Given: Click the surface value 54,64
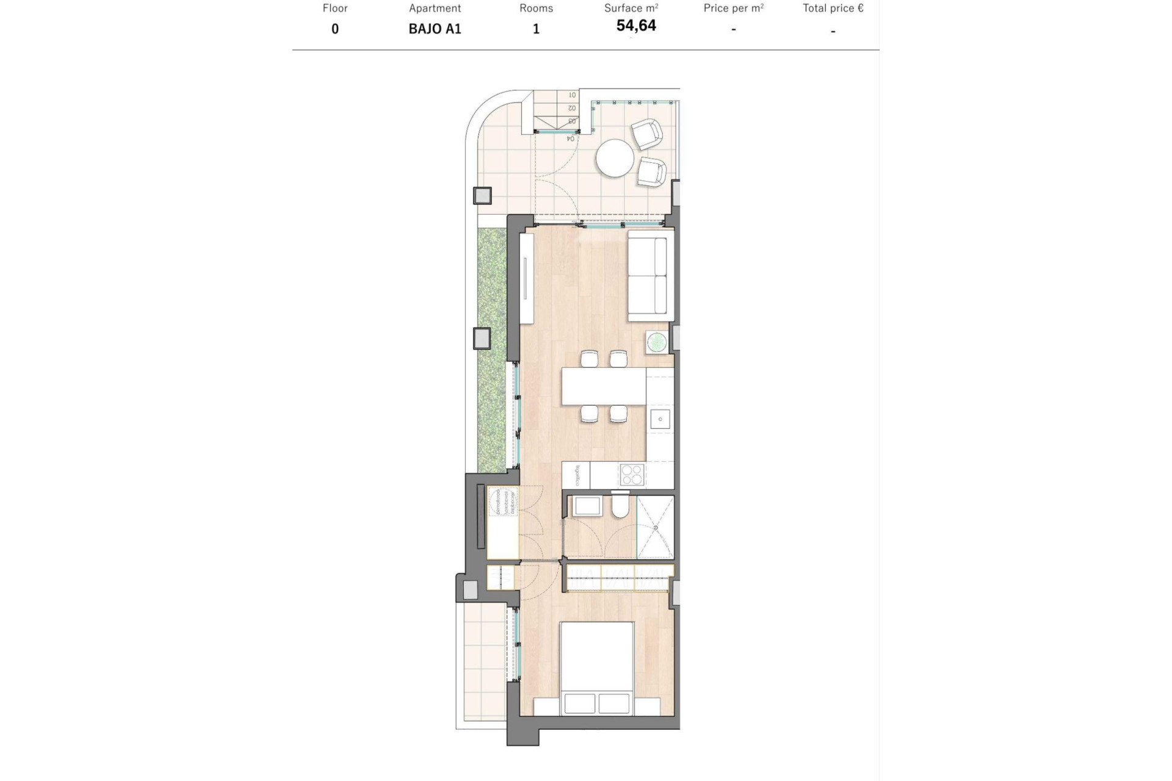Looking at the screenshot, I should (x=636, y=26).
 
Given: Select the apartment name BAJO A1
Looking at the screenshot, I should (x=435, y=29).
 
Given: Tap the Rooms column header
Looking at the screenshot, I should (x=536, y=9).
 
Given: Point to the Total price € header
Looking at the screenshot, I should (x=833, y=9).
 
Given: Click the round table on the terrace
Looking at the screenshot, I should (x=615, y=158).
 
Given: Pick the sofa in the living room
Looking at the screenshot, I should (x=651, y=276).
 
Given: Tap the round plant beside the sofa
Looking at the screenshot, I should (x=657, y=342).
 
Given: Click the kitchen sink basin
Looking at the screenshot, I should (x=660, y=419).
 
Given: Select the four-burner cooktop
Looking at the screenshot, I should (x=632, y=475).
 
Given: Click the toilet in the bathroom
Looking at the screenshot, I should (x=620, y=507).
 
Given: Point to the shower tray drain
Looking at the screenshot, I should (x=656, y=527).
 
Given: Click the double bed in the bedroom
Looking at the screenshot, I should (x=597, y=668).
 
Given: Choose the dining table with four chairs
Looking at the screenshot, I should (x=604, y=386).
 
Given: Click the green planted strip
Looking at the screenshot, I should (x=492, y=348).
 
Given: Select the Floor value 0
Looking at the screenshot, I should (x=335, y=29).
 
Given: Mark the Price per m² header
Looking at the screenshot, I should (x=733, y=9).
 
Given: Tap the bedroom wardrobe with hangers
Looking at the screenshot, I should (x=619, y=578).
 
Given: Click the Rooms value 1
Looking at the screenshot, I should (x=536, y=29).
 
